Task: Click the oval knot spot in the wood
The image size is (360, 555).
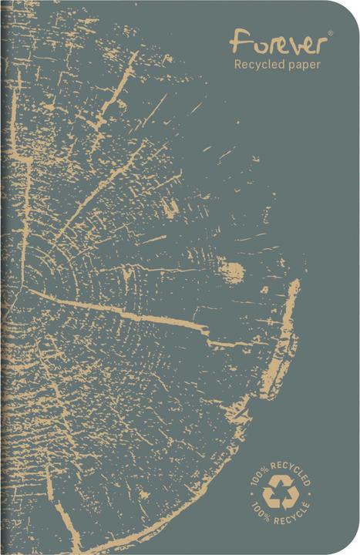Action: [232, 271]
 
